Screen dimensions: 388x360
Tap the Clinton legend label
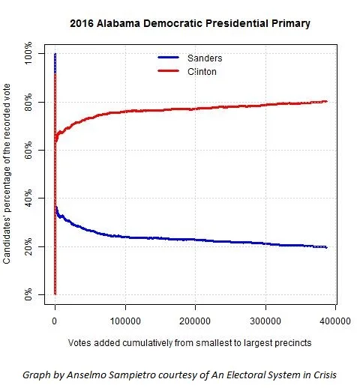point(203,71)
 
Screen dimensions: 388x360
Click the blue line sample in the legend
point(170,58)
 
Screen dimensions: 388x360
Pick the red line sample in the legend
point(170,71)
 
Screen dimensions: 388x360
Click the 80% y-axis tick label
point(28,103)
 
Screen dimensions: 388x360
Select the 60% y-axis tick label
point(28,151)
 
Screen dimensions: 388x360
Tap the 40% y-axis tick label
point(28,198)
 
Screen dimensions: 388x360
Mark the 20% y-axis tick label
point(28,246)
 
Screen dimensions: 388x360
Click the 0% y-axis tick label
point(28,294)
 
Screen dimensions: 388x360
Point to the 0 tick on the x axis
point(54,320)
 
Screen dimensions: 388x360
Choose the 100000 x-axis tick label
point(124,320)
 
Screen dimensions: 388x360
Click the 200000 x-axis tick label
point(195,320)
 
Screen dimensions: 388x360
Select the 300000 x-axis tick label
point(265,320)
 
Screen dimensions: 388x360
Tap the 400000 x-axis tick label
point(334,320)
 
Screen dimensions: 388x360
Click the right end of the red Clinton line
point(326,101)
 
